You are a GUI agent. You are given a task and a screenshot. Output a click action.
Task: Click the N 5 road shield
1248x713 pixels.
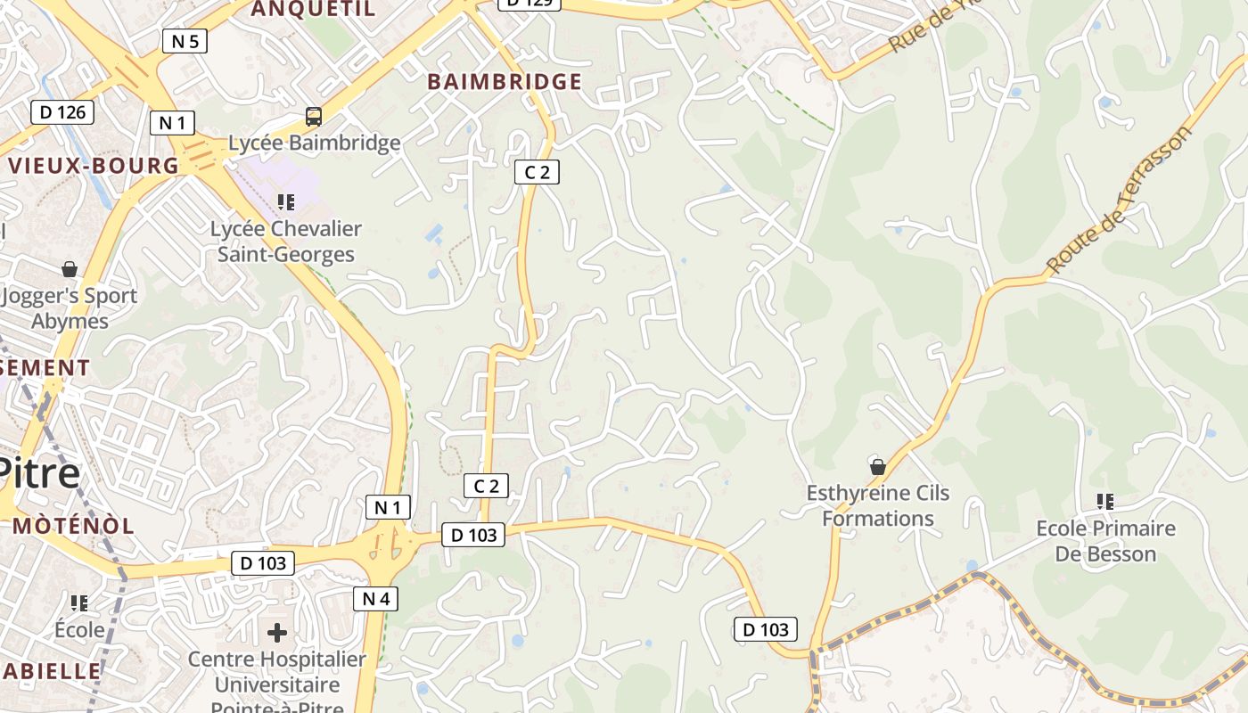pyautogui.click(x=185, y=40)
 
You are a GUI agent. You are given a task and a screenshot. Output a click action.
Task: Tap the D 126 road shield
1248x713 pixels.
pyautogui.click(x=62, y=111)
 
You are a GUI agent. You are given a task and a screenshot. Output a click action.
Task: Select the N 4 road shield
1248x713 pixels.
pyautogui.click(x=375, y=598)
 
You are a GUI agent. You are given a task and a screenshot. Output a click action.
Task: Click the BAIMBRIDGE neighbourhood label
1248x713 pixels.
pyautogui.click(x=505, y=82)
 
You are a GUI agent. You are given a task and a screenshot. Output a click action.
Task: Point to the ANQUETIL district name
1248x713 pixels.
pyautogui.click(x=313, y=10)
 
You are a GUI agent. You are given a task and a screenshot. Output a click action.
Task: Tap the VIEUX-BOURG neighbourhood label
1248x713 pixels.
pyautogui.click(x=94, y=166)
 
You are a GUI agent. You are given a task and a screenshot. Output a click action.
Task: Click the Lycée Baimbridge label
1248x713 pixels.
pyautogui.click(x=314, y=143)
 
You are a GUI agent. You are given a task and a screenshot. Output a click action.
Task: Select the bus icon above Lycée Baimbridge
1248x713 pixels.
pyautogui.click(x=314, y=116)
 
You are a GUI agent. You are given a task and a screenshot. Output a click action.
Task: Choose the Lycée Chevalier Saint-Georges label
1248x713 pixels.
pyautogui.click(x=286, y=242)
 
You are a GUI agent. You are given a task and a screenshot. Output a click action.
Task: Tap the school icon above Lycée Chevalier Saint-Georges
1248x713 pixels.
pyautogui.click(x=285, y=202)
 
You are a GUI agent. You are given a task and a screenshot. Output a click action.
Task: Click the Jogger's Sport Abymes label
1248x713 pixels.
pyautogui.click(x=70, y=308)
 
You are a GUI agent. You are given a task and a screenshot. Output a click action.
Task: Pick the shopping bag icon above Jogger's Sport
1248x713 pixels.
pyautogui.click(x=70, y=268)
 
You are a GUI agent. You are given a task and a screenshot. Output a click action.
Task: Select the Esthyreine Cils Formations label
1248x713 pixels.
pyautogui.click(x=878, y=505)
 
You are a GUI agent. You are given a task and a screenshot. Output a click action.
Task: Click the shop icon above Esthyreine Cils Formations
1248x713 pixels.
pyautogui.click(x=878, y=466)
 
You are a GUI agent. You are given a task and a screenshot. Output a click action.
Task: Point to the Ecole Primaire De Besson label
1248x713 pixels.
pyautogui.click(x=1105, y=541)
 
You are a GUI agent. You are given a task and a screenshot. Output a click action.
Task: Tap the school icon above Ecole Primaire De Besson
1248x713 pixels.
pyautogui.click(x=1105, y=502)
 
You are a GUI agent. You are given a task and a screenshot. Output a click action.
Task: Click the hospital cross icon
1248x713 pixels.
pyautogui.click(x=277, y=633)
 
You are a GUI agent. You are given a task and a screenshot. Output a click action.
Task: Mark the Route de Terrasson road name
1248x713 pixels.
pyautogui.click(x=1119, y=201)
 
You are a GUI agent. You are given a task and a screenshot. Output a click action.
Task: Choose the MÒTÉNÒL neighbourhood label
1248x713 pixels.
pyautogui.click(x=74, y=526)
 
